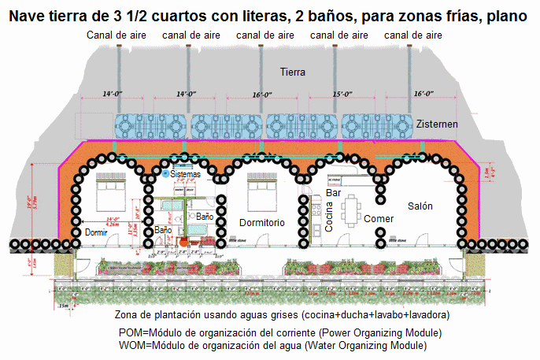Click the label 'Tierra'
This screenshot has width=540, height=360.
click(x=293, y=72)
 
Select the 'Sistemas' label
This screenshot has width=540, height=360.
click(x=184, y=174)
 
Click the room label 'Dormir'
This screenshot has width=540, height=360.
click(x=94, y=233)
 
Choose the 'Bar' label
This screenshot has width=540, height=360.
click(x=332, y=192)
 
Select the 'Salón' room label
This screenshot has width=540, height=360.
click(x=422, y=205)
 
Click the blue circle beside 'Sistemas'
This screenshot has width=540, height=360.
click(x=165, y=173)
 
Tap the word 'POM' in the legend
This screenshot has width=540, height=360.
click(x=131, y=333)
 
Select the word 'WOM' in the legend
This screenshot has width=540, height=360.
click(x=132, y=346)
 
